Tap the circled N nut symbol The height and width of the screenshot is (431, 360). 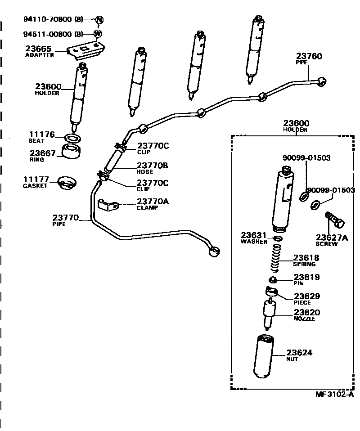coord(99,19)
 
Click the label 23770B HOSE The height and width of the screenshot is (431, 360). coord(152,168)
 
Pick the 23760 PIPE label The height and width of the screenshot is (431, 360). coord(309,58)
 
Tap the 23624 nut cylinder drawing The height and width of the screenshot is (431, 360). coord(264,356)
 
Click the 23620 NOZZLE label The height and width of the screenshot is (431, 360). coord(307,315)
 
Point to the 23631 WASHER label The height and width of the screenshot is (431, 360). coord(255,238)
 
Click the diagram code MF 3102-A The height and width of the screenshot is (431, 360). coord(334,395)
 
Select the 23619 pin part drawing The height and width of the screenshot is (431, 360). coord(272,280)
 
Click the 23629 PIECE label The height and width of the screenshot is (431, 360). coord(307,299)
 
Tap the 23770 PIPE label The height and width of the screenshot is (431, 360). coord(66,220)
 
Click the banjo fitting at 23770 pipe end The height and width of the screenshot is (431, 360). coord(215,252)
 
